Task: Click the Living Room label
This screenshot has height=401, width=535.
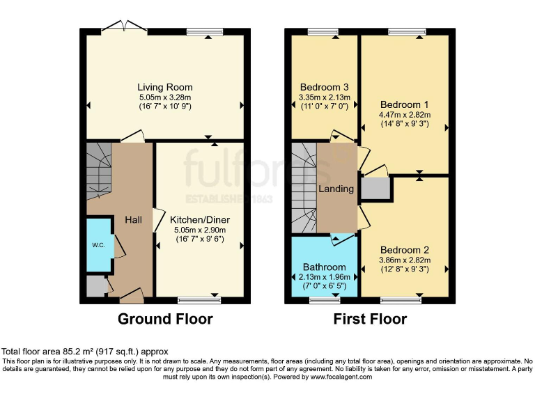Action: [x=165, y=87]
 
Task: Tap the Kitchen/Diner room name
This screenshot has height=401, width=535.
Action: [x=200, y=220]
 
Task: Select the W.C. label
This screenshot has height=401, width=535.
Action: [x=98, y=244]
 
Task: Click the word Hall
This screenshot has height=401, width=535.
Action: [x=133, y=220]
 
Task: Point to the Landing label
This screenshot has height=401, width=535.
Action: [x=336, y=189]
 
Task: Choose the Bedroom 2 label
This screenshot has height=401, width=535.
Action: [x=405, y=250]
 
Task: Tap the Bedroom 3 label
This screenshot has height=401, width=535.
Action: [x=324, y=87]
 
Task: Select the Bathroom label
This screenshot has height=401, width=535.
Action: [x=324, y=267]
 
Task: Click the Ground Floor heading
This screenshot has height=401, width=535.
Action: [x=165, y=320]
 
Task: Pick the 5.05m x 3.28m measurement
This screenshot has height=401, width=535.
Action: [x=165, y=97]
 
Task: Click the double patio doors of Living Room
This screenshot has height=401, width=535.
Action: [x=123, y=28]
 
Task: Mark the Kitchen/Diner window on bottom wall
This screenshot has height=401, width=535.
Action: [x=199, y=300]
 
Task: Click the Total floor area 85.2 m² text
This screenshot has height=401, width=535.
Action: [x=85, y=352]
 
